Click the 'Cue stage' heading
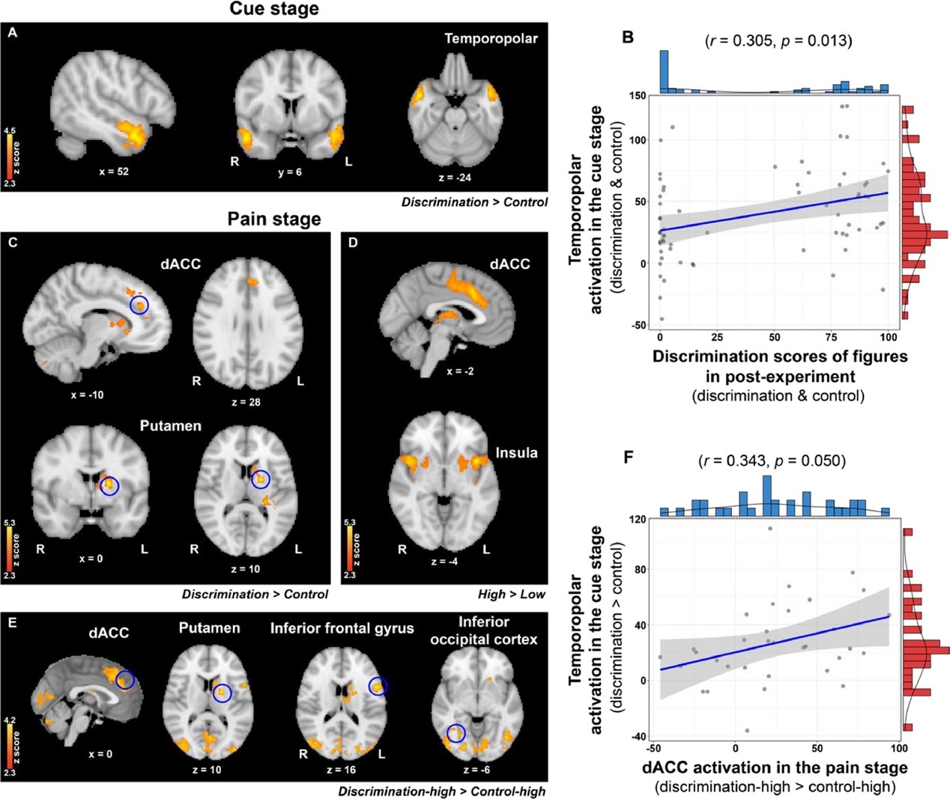pos(273,10)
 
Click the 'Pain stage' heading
pos(274,219)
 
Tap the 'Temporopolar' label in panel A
pos(491,38)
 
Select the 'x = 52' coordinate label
pos(114,171)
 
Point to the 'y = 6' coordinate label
pos(290,172)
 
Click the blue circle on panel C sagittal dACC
pos(139,305)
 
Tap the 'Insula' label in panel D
pos(516,452)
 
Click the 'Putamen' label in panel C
pos(170,425)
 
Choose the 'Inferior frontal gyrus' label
pos(342,628)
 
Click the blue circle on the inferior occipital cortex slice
pos(456,732)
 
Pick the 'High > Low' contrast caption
pos(512,594)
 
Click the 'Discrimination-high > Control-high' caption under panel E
pos(441,791)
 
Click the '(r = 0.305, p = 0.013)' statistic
pos(778,40)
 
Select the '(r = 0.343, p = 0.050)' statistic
pos(772,461)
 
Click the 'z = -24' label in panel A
pos(456,177)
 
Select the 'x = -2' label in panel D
pos(459,371)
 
